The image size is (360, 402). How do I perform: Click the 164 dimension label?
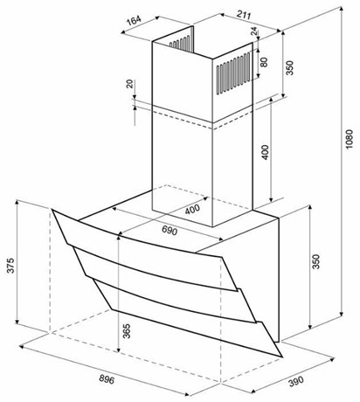pos(134,20)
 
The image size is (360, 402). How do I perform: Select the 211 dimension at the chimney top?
pos(244,15)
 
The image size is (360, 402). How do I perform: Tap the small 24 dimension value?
pos(254,31)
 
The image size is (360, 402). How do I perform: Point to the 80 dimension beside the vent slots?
pos(264,62)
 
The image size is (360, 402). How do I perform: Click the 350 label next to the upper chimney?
pos(289,67)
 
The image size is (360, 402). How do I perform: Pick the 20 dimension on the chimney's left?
pos(130,84)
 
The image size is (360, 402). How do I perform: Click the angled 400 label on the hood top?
pos(192,209)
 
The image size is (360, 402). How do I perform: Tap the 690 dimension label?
pos(170,231)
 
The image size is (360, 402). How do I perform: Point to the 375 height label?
pos(10,265)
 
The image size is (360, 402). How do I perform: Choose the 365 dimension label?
pos(127,331)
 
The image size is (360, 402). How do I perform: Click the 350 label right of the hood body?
pos(315,261)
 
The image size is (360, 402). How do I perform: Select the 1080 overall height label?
pos(350,139)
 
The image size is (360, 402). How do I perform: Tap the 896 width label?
pos(107,379)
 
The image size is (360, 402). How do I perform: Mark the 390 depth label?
pos(296,381)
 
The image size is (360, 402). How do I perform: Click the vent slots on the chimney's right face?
pos(233,73)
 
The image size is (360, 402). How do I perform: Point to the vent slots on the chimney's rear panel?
pos(180,43)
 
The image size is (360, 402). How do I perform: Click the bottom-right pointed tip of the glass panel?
pos(282,357)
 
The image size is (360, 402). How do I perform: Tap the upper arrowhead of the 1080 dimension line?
pos(341,10)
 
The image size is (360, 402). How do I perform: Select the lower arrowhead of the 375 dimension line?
pos(17,321)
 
